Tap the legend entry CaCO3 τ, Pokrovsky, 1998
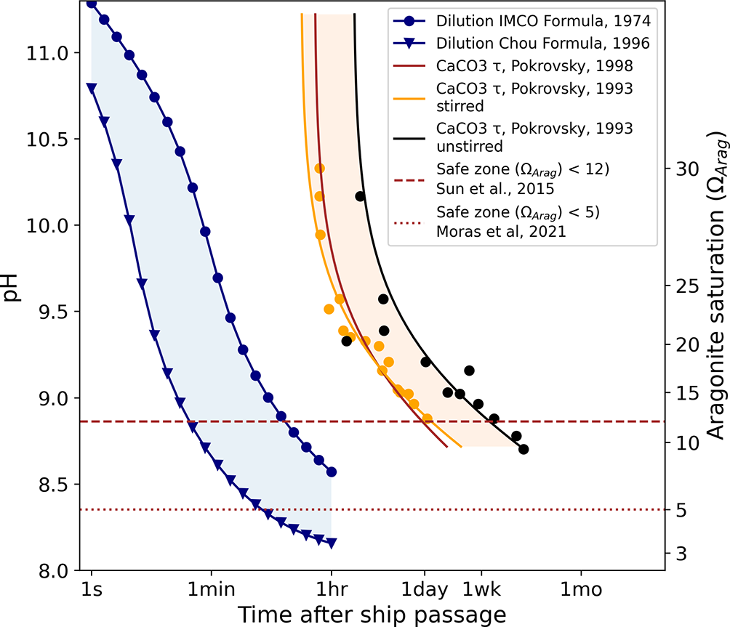click(534, 66)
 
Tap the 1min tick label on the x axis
click(211, 591)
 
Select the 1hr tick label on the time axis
click(332, 591)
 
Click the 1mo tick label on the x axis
click(580, 591)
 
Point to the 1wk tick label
click(481, 591)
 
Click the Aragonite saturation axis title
click(717, 286)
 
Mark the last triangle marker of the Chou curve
click(332, 543)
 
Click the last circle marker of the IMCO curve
click(332, 472)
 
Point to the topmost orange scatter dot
click(319, 169)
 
